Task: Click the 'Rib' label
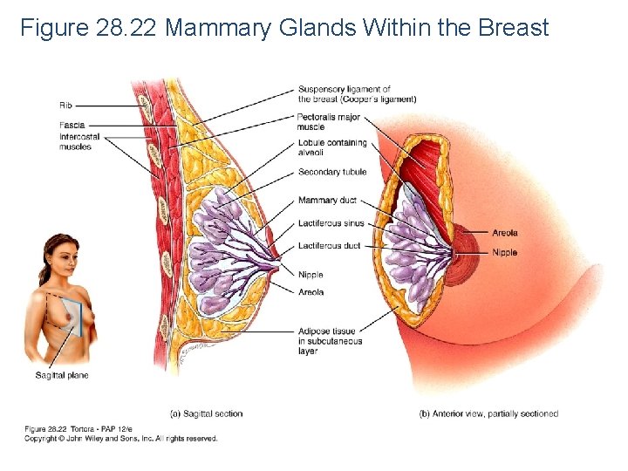(x=65, y=106)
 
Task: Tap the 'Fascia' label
(x=72, y=126)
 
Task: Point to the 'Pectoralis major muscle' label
(x=330, y=121)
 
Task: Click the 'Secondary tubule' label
(x=332, y=172)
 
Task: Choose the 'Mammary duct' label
(x=329, y=201)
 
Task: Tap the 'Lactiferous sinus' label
(x=331, y=223)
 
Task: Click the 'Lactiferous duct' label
(x=329, y=246)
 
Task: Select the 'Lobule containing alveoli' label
(x=332, y=147)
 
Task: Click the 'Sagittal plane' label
(x=62, y=376)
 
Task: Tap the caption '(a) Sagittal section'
(x=206, y=413)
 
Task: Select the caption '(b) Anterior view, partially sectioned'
(x=488, y=413)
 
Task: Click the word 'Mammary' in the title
(x=218, y=28)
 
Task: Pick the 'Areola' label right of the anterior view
(x=505, y=233)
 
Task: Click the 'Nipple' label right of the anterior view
(x=505, y=253)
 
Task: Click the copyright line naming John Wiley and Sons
(x=120, y=439)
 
